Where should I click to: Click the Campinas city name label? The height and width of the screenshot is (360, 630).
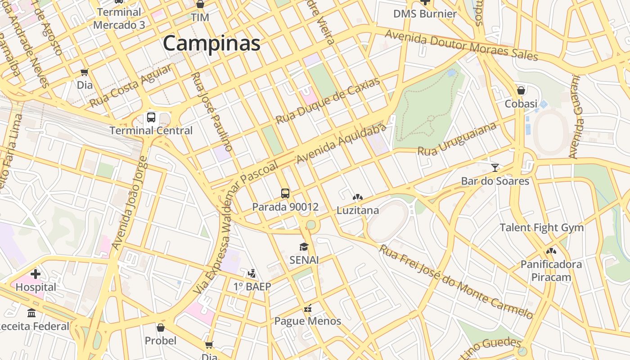211,44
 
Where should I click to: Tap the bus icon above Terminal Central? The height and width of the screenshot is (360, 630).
151,117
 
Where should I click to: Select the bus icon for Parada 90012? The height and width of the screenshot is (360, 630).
285,193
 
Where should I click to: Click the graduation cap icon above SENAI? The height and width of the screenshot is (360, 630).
304,247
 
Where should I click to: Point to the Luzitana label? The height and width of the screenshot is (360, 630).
358,210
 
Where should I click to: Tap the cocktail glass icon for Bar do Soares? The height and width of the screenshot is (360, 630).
495,168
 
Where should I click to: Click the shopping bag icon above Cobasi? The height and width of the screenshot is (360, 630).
521,90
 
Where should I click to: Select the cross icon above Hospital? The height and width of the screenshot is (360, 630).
36,274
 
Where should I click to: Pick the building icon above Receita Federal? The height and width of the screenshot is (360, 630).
31,313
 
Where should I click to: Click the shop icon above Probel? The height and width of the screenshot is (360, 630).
161,328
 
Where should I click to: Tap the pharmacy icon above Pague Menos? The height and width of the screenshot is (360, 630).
308,308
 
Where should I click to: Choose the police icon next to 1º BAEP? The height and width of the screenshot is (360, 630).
252,273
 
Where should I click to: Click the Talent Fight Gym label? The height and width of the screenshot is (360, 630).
542,227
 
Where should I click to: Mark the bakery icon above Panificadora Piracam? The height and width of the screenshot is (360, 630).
551,251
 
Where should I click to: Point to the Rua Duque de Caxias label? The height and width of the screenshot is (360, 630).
328,101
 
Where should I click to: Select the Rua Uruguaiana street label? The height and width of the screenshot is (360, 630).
457,139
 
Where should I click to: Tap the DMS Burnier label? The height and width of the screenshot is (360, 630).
425,14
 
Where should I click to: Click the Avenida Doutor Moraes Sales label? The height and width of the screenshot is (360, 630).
461,45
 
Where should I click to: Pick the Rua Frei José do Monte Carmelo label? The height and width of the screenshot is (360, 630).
456,282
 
